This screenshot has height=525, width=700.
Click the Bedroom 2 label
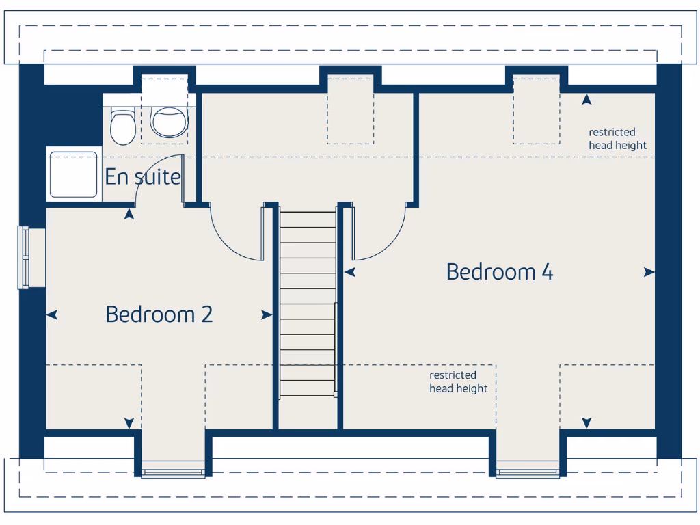pyautogui.click(x=159, y=314)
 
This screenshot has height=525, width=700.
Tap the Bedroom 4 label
pyautogui.click(x=499, y=271)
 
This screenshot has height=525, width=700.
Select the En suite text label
pyautogui.click(x=143, y=177)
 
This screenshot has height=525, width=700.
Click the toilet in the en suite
pyautogui.click(x=123, y=126)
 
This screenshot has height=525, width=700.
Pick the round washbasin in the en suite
pyautogui.click(x=169, y=122)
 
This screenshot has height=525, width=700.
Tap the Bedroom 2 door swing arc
pyautogui.click(x=232, y=236)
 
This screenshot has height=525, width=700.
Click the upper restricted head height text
pyautogui.click(x=617, y=139)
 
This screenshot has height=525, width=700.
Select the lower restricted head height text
pyautogui.click(x=458, y=382)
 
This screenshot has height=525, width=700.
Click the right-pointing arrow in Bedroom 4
pyautogui.click(x=649, y=272)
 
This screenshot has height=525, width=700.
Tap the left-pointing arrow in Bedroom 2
pyautogui.click(x=52, y=314)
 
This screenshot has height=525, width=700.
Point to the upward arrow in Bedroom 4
pyautogui.click(x=587, y=100)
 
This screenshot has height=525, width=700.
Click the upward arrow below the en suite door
pyautogui.click(x=129, y=215)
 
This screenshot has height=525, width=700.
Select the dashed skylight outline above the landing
pyautogui.click(x=350, y=109)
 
